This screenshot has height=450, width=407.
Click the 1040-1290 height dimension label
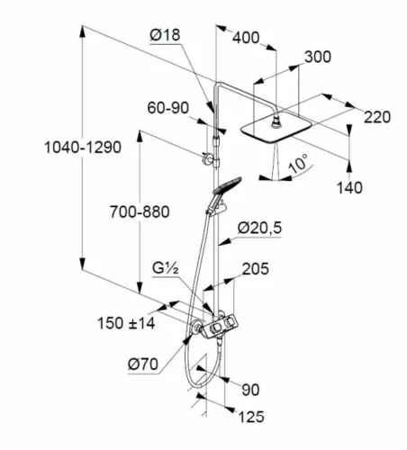[83, 148]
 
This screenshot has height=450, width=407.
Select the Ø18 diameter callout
[165, 35]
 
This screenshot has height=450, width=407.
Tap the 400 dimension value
[246, 38]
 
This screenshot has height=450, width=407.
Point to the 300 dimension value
[318, 57]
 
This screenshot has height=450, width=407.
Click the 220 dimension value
[377, 117]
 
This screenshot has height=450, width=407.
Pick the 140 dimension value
[349, 188]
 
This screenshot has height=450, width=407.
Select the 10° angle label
[298, 164]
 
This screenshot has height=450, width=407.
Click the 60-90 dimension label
[168, 108]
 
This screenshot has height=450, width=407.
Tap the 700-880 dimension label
[140, 211]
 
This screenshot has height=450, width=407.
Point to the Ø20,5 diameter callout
[259, 228]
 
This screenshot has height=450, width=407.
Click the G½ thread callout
[166, 268]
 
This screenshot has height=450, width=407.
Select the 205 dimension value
[256, 269]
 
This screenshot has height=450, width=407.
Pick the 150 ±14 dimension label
[126, 323]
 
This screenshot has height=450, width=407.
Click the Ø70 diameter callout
[143, 364]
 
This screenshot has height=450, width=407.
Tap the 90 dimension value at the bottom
[250, 390]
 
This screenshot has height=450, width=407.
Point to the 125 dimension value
[251, 417]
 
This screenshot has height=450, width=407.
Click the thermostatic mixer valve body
[220, 328]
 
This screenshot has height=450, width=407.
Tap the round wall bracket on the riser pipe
[206, 158]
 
